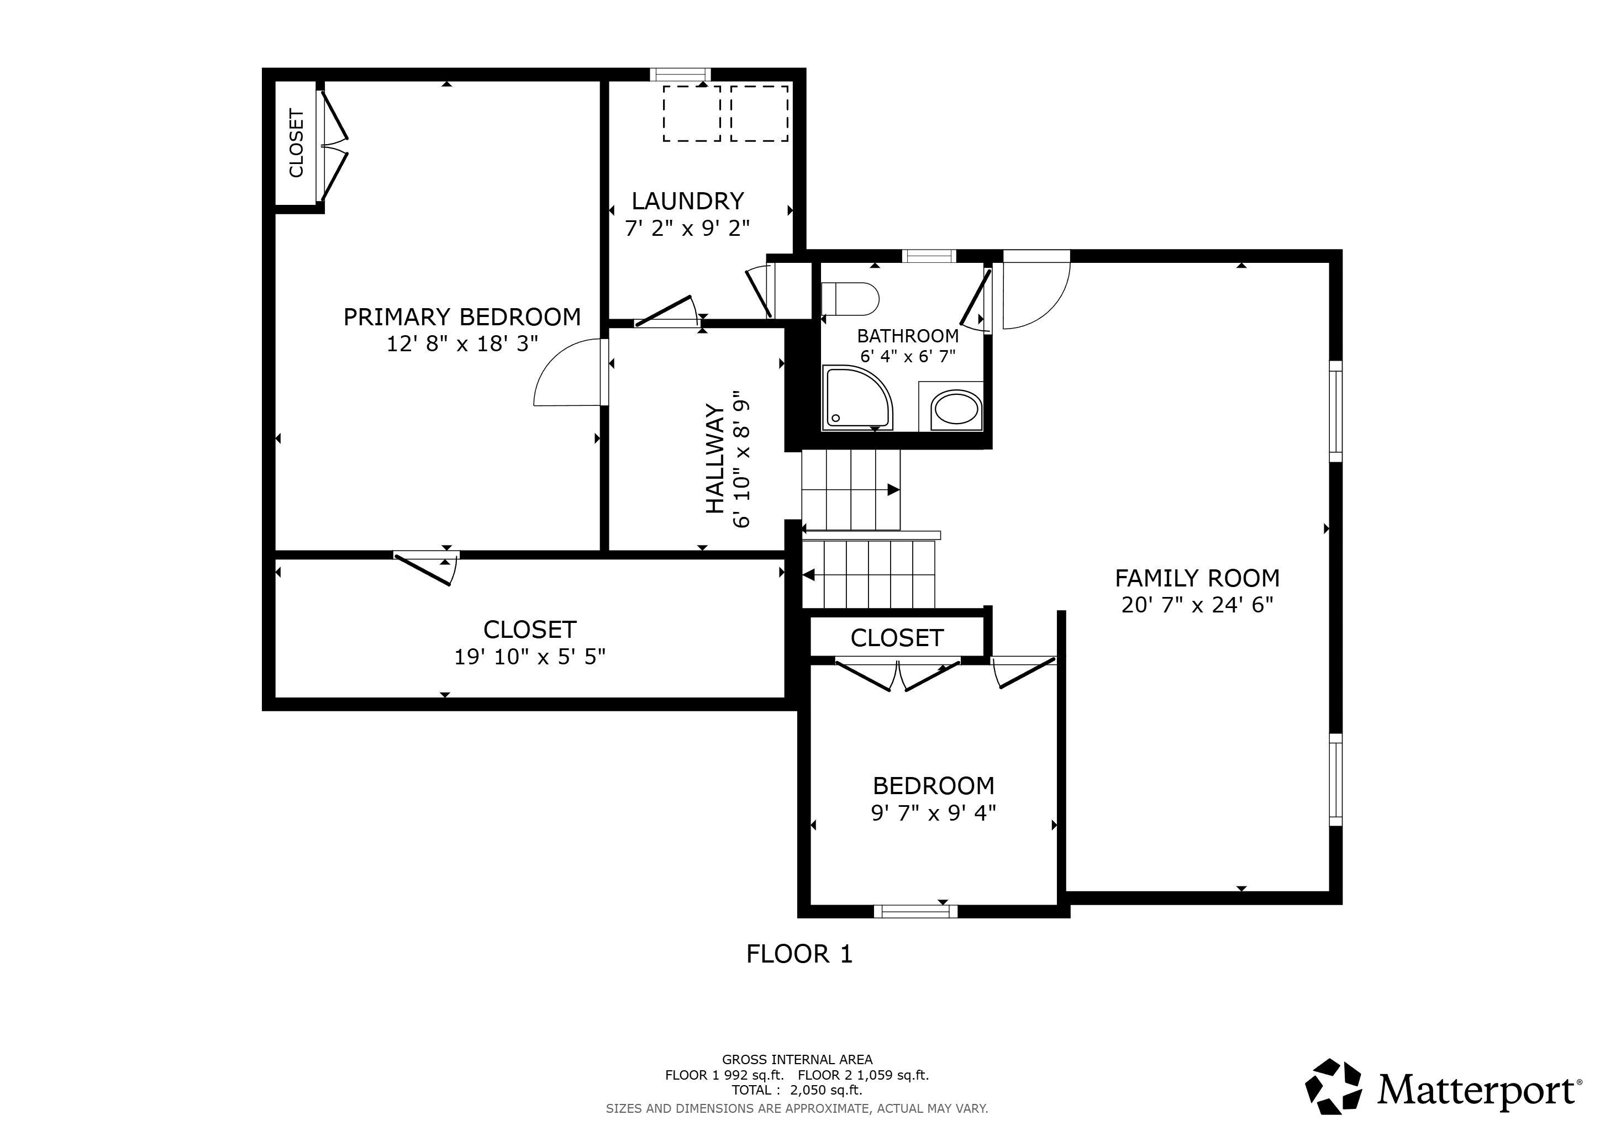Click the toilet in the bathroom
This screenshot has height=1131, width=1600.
[x=850, y=299]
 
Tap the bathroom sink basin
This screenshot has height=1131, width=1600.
[x=956, y=408]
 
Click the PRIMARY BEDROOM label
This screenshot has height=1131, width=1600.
[x=462, y=317]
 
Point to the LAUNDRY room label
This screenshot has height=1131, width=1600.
[x=688, y=200]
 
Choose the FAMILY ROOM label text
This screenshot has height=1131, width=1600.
[x=1197, y=578]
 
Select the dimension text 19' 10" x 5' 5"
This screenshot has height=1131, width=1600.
[x=530, y=657]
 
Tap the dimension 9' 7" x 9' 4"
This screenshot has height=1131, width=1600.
[x=933, y=813]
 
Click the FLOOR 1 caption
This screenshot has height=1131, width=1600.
[x=799, y=954]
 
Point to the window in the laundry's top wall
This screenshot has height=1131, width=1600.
[x=680, y=75]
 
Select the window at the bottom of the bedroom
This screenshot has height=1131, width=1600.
[x=915, y=911]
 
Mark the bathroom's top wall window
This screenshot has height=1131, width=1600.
[x=928, y=256]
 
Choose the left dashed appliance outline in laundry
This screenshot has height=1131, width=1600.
[x=691, y=114]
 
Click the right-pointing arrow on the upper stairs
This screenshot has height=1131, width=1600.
[x=893, y=490]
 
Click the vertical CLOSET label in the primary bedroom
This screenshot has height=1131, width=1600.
[x=296, y=143]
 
